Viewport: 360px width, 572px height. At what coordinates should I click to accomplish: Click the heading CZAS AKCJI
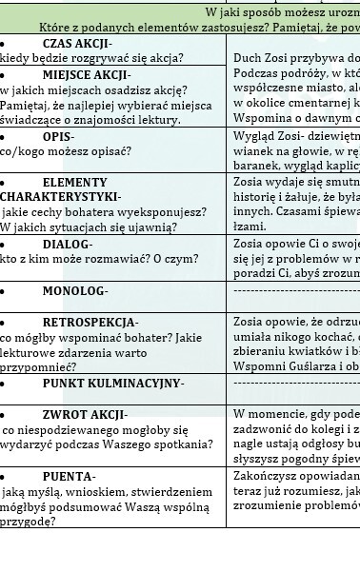pos(76,44)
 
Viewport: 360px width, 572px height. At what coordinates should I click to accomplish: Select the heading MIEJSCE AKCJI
pos(86,74)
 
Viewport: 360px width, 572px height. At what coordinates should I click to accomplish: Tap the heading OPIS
pos(58,136)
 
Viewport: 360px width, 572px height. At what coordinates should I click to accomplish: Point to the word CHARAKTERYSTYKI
pos(61,196)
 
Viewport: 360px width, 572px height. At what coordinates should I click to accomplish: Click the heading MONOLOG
pos(74,290)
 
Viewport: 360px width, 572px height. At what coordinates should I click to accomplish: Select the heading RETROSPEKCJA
pos(90,323)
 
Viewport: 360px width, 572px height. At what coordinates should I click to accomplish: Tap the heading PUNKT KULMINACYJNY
pos(112,383)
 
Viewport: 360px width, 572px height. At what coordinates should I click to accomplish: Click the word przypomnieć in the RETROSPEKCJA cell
pos(39,367)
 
